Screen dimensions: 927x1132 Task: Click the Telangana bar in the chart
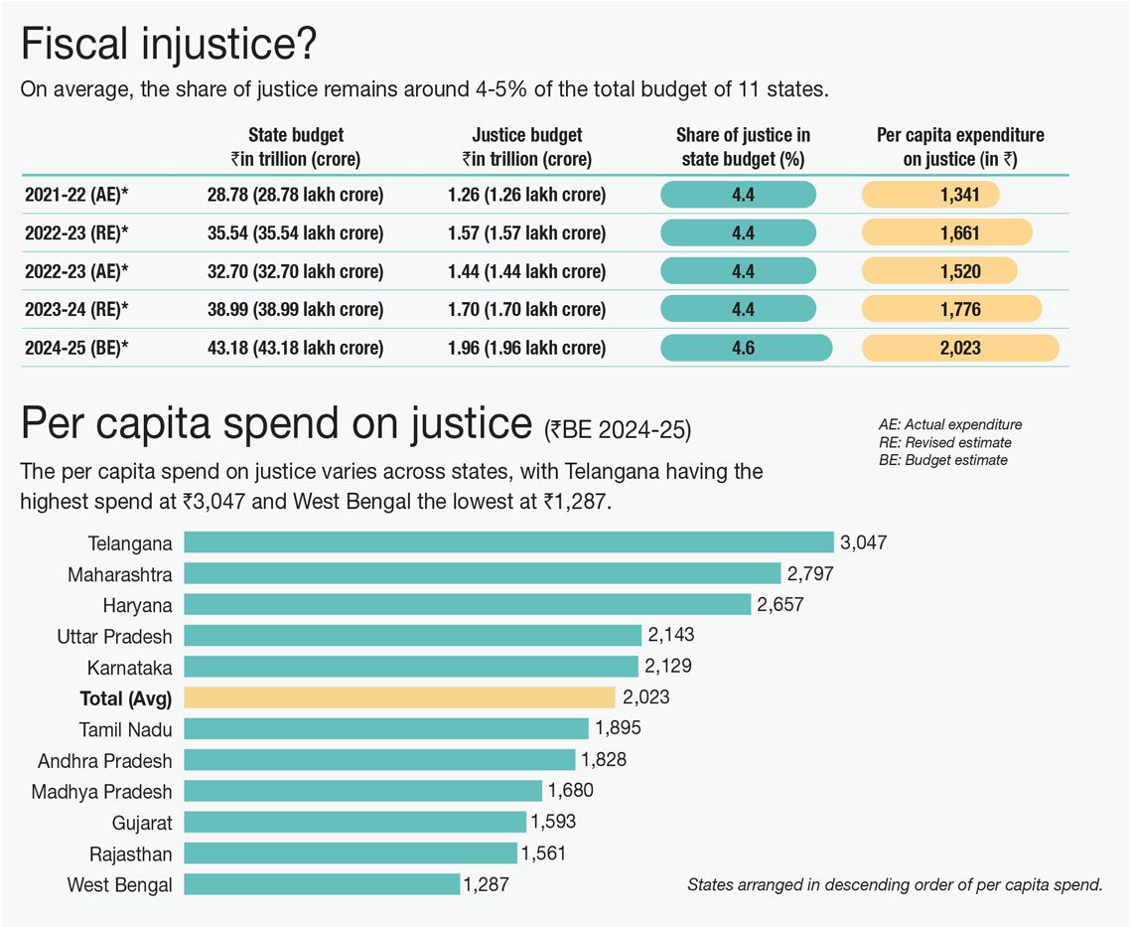[508, 542]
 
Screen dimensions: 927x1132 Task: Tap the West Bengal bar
[322, 884]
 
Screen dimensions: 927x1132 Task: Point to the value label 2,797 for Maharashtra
[809, 574]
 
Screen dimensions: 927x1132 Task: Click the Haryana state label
[137, 605]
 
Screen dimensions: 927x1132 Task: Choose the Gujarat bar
[354, 822]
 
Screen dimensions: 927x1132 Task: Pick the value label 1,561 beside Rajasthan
[544, 853]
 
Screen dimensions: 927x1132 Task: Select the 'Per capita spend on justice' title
[276, 424]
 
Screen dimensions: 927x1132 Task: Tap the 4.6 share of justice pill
[745, 348]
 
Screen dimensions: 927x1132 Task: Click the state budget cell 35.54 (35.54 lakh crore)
[295, 233]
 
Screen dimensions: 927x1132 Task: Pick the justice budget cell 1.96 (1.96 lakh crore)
[526, 348]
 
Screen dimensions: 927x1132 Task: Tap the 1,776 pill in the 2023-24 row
[951, 310]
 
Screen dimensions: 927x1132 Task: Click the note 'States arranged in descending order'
[895, 884]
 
